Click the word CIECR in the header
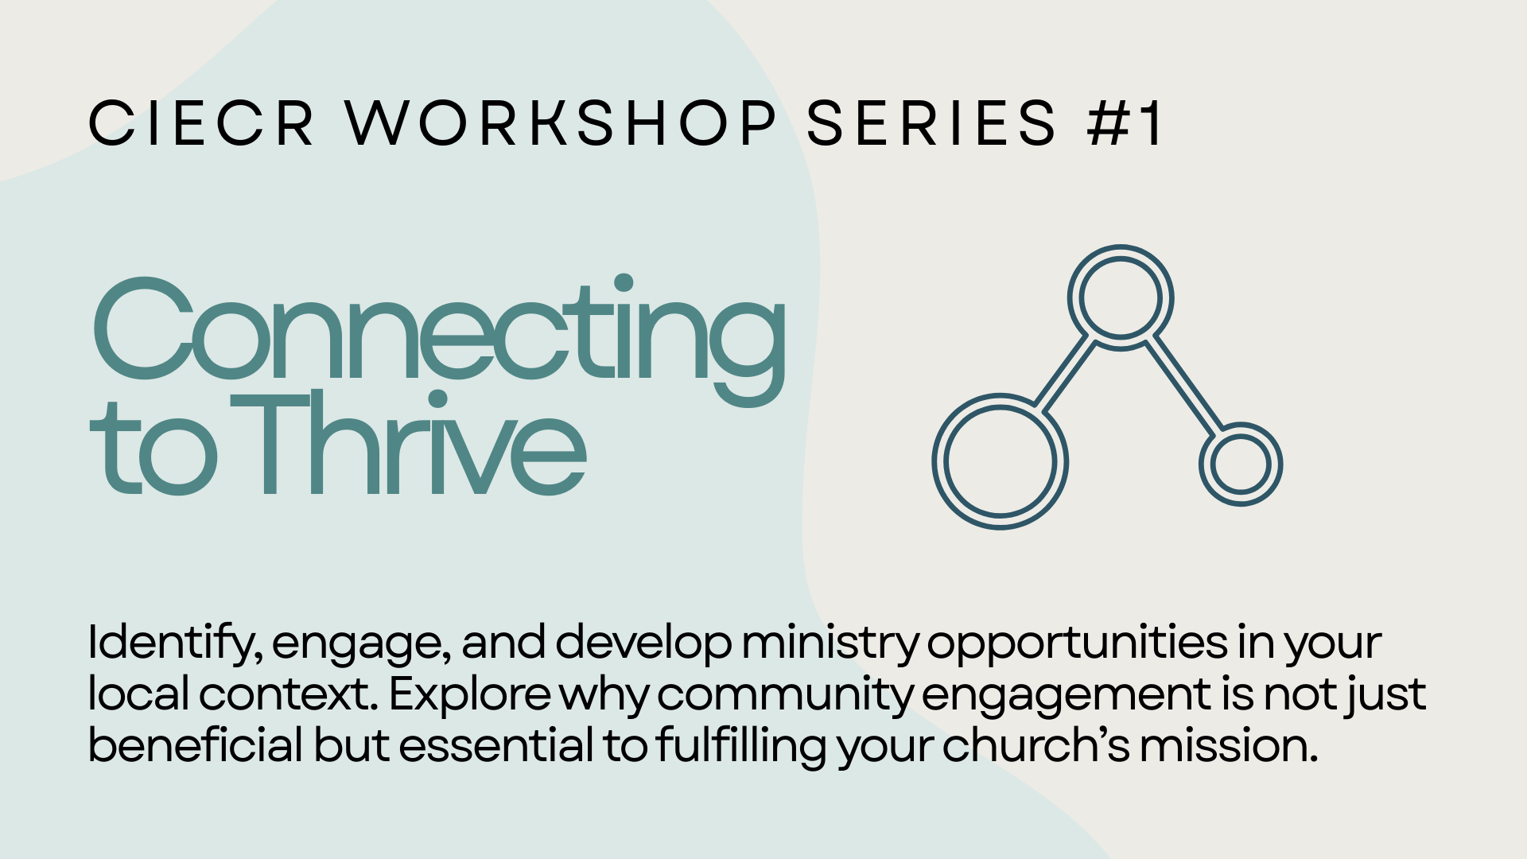(200, 123)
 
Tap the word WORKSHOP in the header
(561, 123)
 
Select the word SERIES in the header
(931, 123)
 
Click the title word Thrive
(409, 443)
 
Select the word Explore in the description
(469, 694)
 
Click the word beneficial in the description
(195, 744)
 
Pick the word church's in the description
(1036, 744)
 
